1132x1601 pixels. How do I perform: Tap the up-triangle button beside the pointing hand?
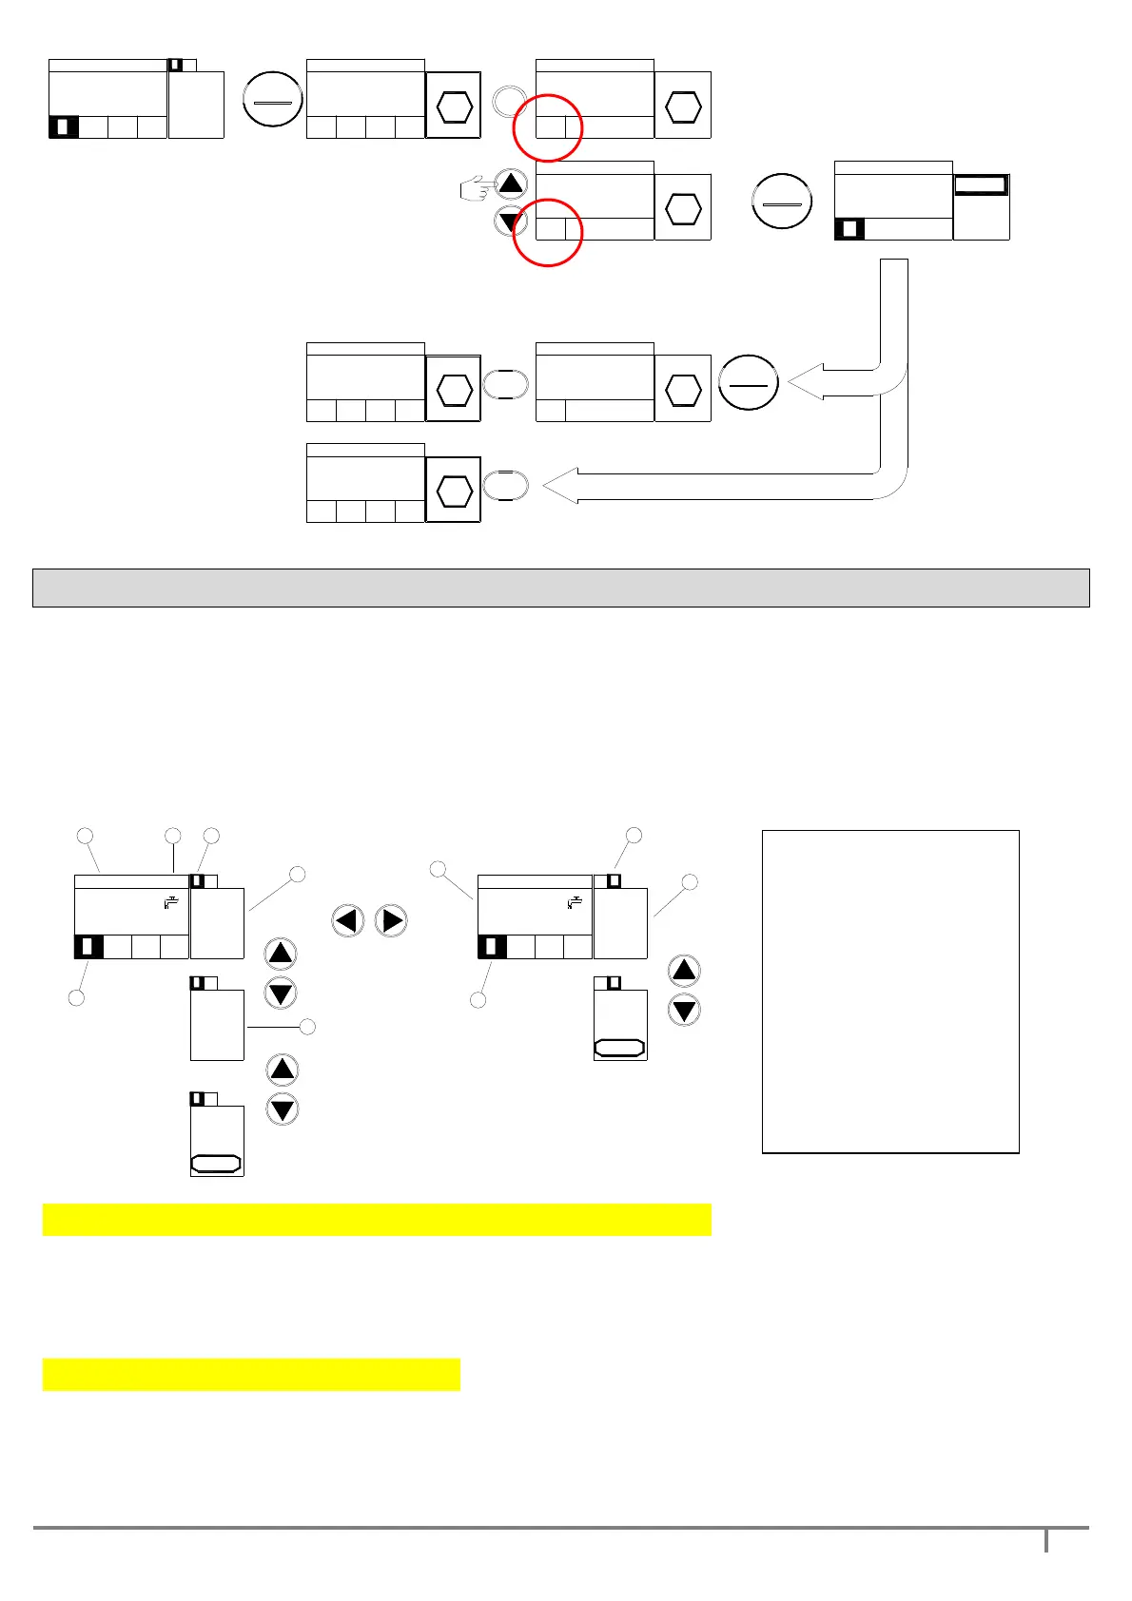point(512,184)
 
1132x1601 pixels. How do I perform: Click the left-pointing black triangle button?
point(347,920)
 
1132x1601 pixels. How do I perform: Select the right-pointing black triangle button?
point(391,920)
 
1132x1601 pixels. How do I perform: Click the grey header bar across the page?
point(560,588)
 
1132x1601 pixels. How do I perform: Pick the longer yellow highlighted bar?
point(377,1220)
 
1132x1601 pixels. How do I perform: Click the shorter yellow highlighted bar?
point(251,1375)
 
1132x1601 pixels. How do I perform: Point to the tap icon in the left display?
point(171,903)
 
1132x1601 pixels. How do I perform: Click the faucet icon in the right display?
point(574,902)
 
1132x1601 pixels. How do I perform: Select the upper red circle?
point(547,127)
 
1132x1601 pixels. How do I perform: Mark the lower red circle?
point(547,232)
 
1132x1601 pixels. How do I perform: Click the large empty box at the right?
point(890,992)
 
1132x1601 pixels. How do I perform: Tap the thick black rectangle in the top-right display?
point(981,184)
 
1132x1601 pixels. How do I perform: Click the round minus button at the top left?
point(273,100)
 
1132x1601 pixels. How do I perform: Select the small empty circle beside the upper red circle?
point(509,100)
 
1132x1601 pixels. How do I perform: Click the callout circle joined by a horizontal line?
point(307,1027)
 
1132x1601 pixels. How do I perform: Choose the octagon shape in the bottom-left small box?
point(216,1163)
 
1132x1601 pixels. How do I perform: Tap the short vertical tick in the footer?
point(1046,1540)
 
